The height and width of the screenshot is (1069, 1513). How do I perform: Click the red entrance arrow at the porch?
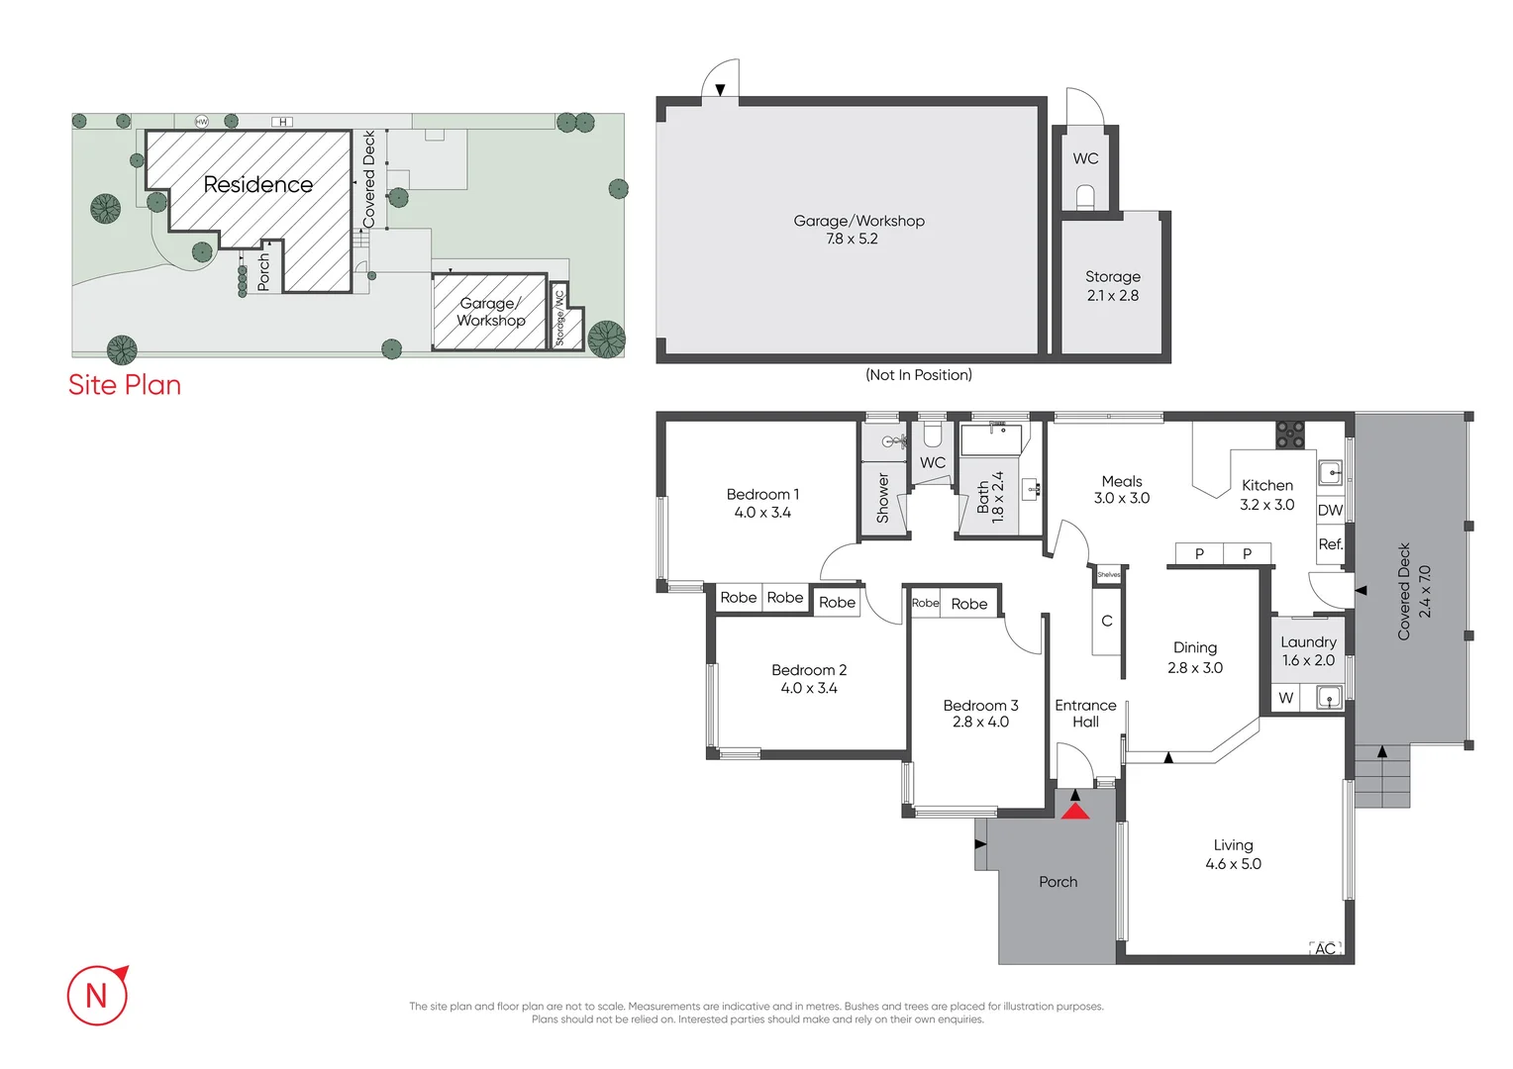1075,811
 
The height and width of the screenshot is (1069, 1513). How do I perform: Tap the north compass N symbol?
97,995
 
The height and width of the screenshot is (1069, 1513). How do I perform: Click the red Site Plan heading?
125,385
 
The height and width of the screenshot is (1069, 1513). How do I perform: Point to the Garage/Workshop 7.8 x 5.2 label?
858,230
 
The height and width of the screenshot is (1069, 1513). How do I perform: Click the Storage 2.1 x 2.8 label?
1112,286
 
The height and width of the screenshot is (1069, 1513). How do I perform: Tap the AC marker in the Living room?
1325,948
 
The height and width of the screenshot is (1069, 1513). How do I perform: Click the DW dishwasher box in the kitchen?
1330,511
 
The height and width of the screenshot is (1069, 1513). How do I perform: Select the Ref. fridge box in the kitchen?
1330,544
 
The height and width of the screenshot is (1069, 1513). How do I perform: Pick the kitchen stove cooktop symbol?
1289,434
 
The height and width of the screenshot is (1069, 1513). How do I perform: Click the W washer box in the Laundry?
1285,698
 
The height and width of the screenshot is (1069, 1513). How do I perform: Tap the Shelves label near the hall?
1109,575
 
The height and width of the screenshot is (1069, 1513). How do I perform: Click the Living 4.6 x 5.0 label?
1233,854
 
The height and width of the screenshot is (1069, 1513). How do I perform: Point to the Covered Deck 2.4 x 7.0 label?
1413,591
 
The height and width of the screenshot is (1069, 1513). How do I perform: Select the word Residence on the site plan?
257,184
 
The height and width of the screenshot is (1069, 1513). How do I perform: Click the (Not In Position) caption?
918,375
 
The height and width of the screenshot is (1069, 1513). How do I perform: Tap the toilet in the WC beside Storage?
1085,199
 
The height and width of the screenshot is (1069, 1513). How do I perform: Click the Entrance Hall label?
1085,713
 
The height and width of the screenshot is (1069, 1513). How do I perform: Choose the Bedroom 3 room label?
980,714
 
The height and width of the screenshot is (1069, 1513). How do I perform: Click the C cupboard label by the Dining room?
1107,621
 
